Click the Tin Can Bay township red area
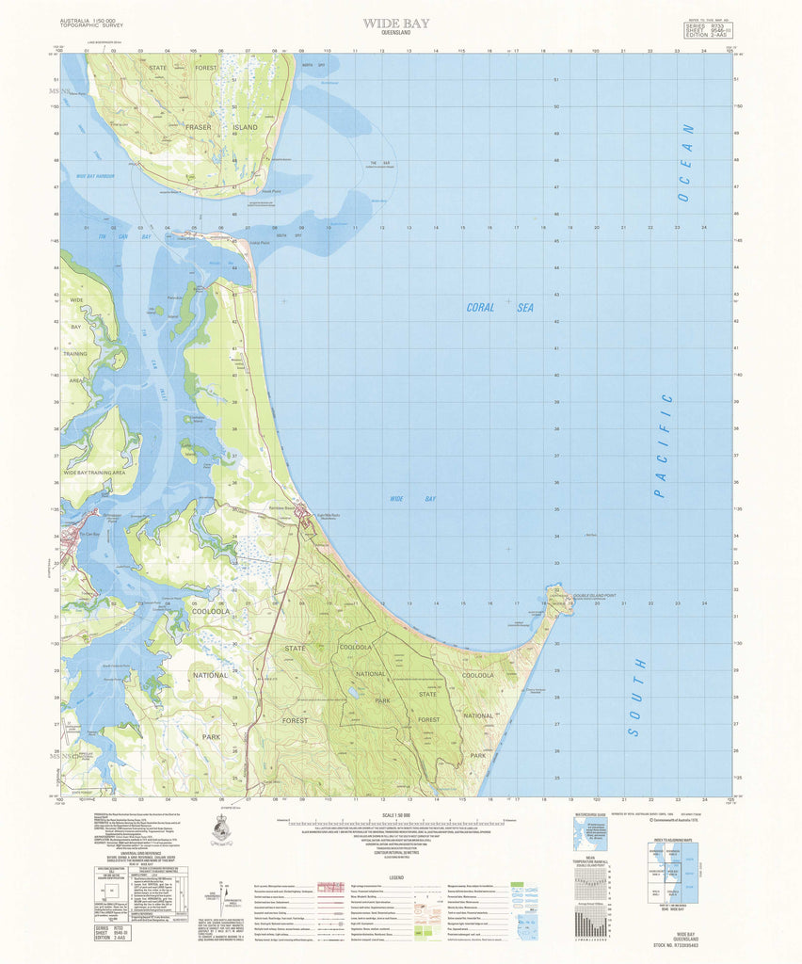(73, 538)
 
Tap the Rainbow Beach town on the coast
(303, 514)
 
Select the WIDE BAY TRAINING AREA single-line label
(94, 471)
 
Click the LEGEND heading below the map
(396, 876)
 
